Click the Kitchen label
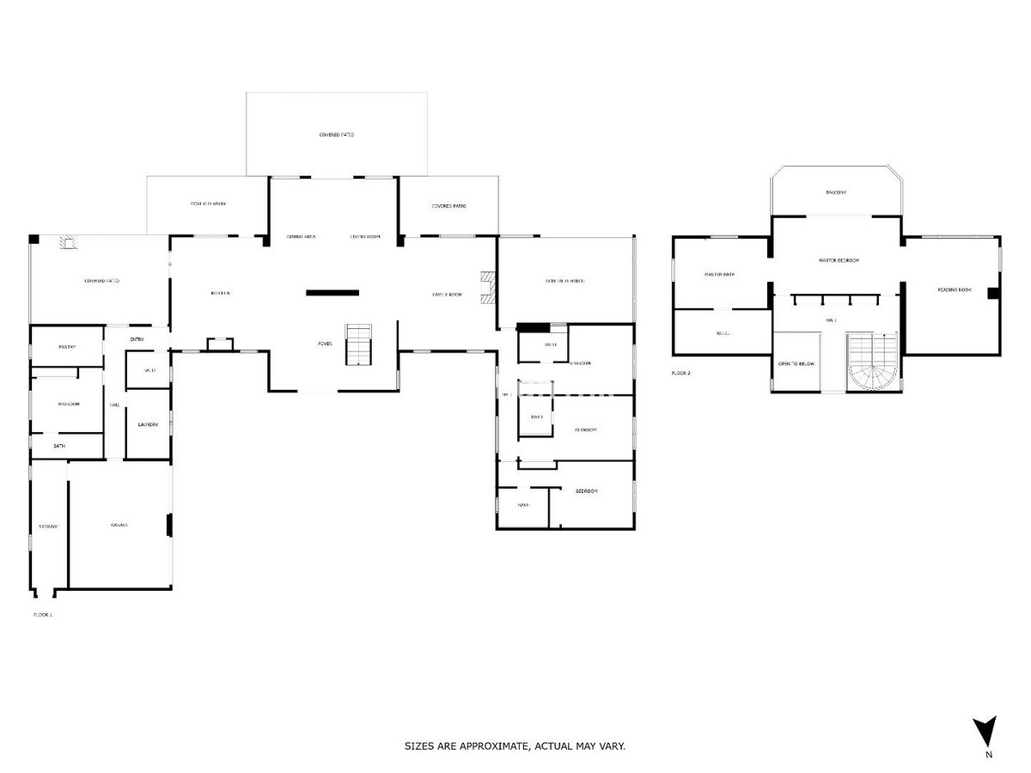click(221, 294)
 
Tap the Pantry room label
click(67, 347)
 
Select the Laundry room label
click(148, 424)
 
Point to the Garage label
click(119, 525)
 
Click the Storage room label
click(47, 526)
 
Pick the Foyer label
click(325, 344)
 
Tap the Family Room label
click(447, 295)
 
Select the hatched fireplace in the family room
click(489, 288)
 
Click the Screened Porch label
click(564, 281)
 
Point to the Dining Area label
click(301, 236)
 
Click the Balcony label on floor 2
click(836, 192)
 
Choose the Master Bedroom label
click(839, 260)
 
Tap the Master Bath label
click(719, 275)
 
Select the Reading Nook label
click(954, 290)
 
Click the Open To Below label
click(796, 364)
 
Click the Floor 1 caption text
click(43, 615)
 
